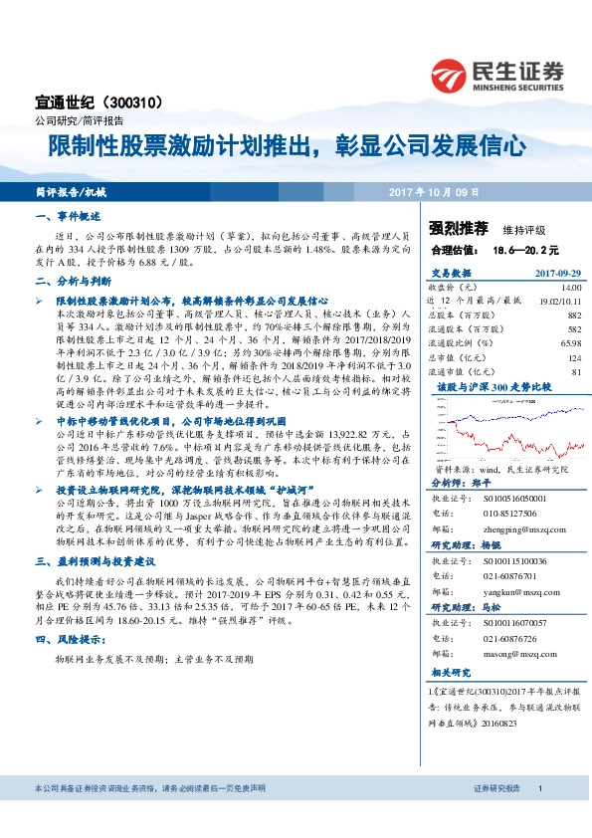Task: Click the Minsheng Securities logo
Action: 496,76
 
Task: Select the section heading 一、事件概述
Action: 68,216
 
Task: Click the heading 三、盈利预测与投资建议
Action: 93,562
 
